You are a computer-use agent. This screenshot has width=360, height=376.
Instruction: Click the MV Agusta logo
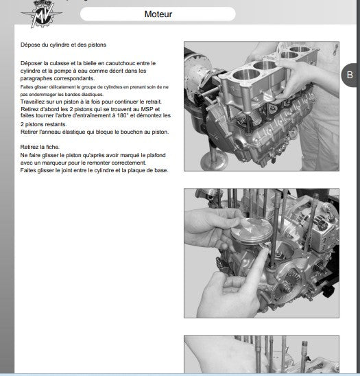tap(41, 14)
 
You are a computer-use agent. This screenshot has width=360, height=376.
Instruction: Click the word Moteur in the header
tap(158, 14)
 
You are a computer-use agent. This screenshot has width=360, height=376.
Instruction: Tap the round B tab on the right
tap(350, 75)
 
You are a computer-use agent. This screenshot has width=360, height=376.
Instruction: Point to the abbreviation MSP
tap(147, 109)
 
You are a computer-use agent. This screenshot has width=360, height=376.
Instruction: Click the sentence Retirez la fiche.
tap(40, 147)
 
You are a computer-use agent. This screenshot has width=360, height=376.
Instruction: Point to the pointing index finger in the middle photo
tap(258, 262)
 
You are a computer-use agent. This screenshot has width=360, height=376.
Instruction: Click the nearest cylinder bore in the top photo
tap(247, 75)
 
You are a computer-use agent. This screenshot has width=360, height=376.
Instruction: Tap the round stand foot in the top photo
tap(214, 161)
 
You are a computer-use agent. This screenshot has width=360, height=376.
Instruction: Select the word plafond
tap(156, 155)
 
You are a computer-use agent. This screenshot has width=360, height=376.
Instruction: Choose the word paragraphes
tap(36, 78)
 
